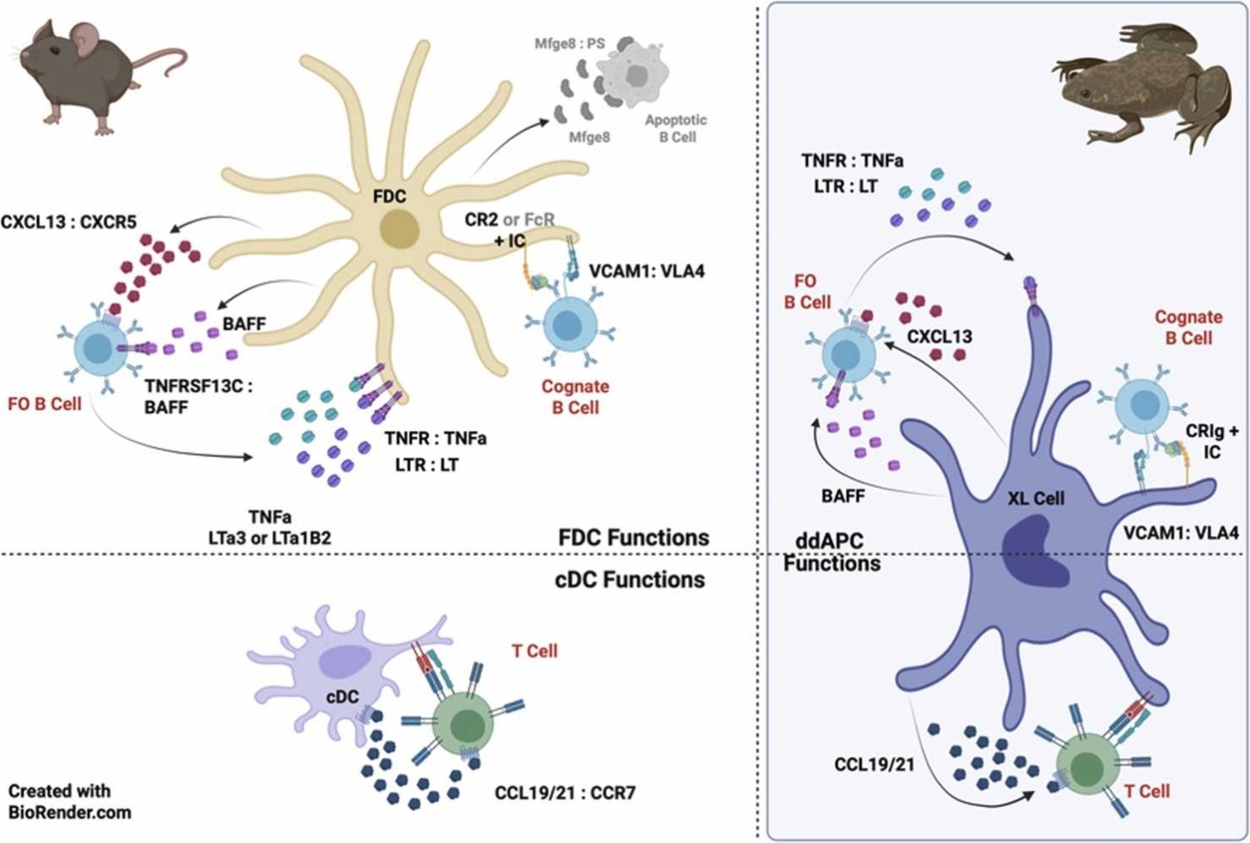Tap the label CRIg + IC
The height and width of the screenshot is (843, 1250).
tap(1210, 442)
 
